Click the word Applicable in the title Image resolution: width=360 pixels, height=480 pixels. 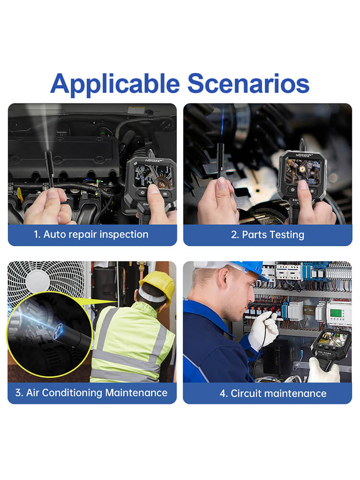click(115, 84)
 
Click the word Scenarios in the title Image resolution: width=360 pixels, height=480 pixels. click(248, 83)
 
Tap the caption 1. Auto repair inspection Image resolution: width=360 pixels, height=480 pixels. click(91, 235)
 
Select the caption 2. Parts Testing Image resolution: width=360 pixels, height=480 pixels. click(267, 235)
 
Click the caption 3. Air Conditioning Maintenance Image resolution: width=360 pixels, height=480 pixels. click(91, 393)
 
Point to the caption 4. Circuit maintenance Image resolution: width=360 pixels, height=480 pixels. click(273, 394)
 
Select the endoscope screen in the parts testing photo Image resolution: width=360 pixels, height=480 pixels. click(303, 171)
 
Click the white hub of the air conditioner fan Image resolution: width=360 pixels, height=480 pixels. click(37, 280)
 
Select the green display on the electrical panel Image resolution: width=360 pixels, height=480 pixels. click(336, 313)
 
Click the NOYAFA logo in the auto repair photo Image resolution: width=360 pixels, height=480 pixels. click(153, 160)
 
